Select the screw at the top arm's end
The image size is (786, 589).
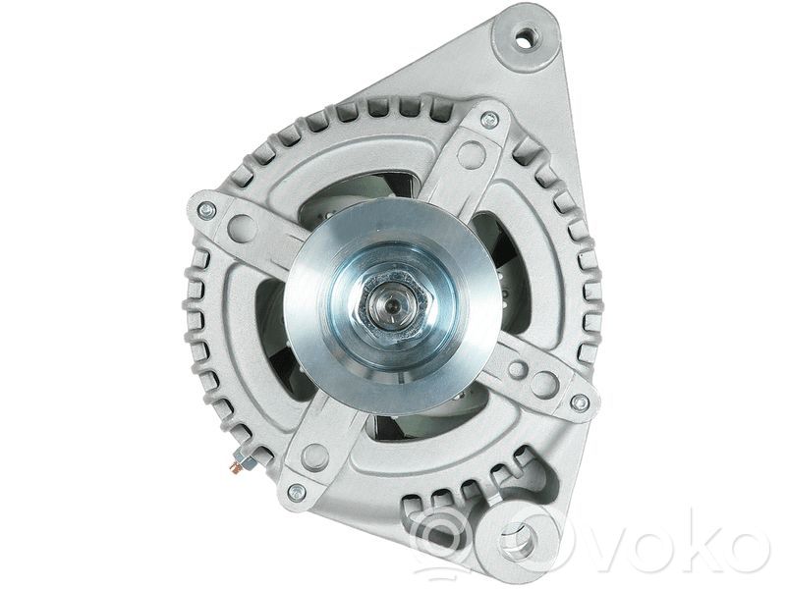489,119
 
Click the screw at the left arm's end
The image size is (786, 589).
207,210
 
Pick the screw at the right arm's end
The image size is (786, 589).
580,402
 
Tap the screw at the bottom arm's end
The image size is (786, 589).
297,493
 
